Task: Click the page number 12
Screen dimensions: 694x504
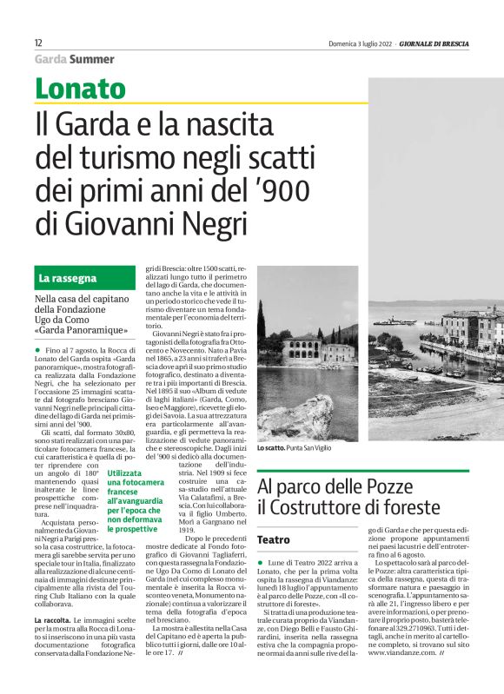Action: (38, 43)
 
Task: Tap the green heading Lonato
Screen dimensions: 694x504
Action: (80, 88)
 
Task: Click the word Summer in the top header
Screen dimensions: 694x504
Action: (91, 59)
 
